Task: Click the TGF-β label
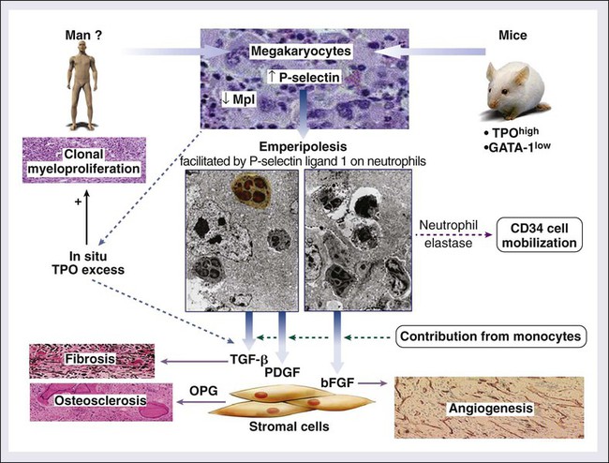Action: [248, 359]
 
